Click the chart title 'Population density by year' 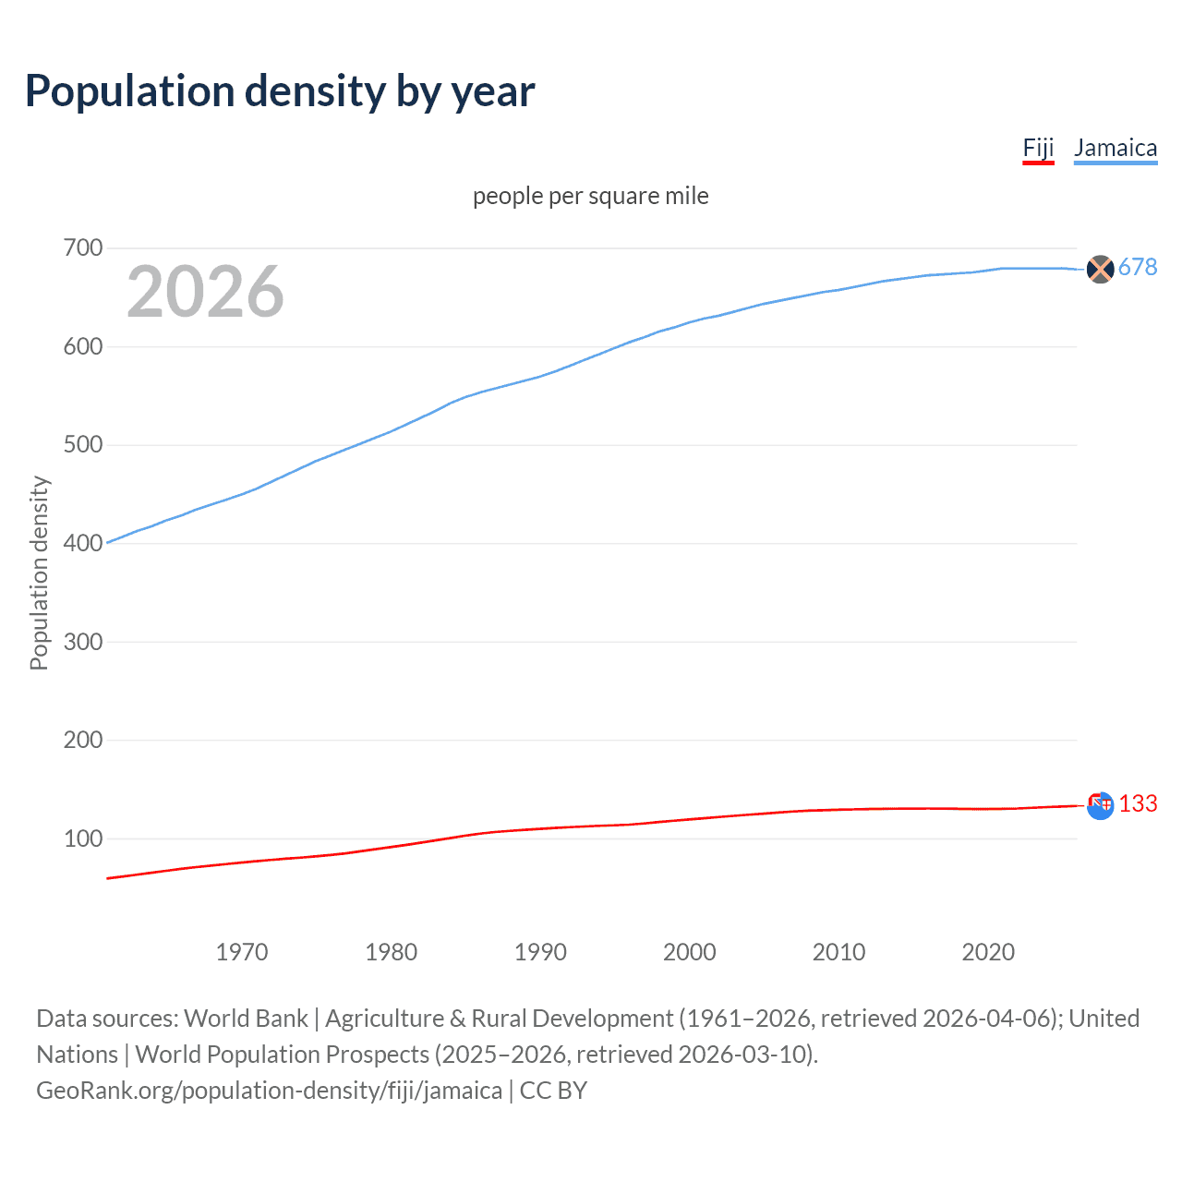coord(280,91)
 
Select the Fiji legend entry coord(1038,148)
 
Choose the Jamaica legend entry coord(1116,148)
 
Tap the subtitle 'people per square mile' coord(590,196)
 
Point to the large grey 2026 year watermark coord(205,292)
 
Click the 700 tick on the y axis coord(83,247)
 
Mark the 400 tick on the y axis coord(83,543)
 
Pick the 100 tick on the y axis coord(83,838)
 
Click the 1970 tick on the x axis coord(242,952)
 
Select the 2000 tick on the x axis coord(690,952)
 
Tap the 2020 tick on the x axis coord(988,952)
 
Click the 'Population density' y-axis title coord(39,573)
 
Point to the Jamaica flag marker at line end coord(1100,269)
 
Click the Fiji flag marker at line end coord(1100,805)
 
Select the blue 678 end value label coord(1138,268)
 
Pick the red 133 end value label coord(1138,804)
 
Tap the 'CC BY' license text coord(553,1091)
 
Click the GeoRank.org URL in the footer coord(269,1091)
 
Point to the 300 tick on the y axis coord(83,642)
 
